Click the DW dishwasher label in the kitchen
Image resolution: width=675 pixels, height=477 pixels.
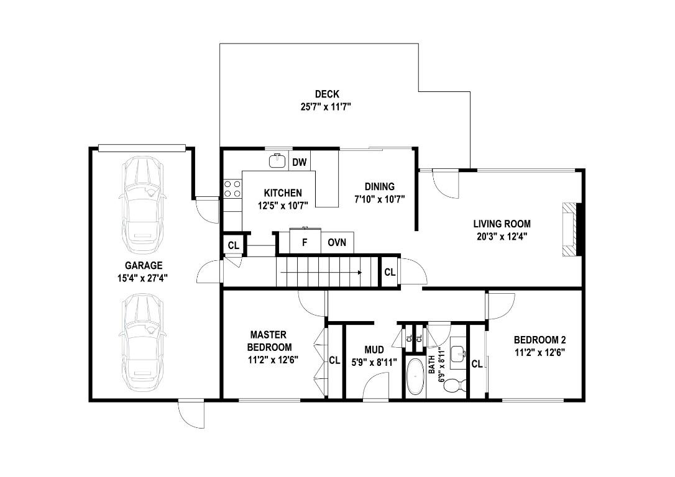(300, 163)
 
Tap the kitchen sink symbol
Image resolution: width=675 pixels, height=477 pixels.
(277, 161)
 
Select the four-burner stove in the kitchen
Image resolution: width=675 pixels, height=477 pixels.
(232, 189)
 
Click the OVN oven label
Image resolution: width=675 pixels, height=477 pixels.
(337, 242)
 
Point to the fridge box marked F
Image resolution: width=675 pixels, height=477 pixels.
(305, 242)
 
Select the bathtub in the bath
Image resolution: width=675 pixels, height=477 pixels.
(415, 376)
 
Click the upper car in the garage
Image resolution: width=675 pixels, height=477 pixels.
(142, 198)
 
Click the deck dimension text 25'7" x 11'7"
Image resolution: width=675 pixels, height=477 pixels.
(326, 106)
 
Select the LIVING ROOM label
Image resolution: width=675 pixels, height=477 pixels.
(502, 224)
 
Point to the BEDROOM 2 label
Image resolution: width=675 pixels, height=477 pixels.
(540, 340)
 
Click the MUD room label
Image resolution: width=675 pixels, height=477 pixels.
(374, 350)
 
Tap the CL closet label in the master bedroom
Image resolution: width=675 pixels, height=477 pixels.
(334, 360)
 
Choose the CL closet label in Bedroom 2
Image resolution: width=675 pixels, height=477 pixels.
(477, 364)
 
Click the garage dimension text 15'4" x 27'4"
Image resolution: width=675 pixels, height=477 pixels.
(142, 278)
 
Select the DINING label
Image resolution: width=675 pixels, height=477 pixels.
(379, 186)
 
